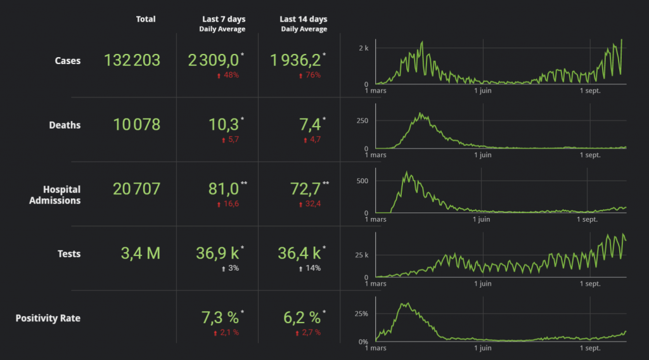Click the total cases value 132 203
pos(132,60)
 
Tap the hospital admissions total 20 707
pos(136,189)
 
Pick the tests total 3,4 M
pos(141,254)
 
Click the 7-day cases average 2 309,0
pos(214,60)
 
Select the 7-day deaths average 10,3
pos(224,124)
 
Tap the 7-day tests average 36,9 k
pos(217,254)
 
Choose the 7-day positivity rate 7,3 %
pos(219,318)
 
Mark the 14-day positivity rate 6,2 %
pos(300,318)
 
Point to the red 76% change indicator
pos(310,75)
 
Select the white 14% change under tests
pos(310,268)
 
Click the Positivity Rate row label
pos(48,318)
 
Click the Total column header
pos(146,20)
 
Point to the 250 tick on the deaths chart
pos(362,120)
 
